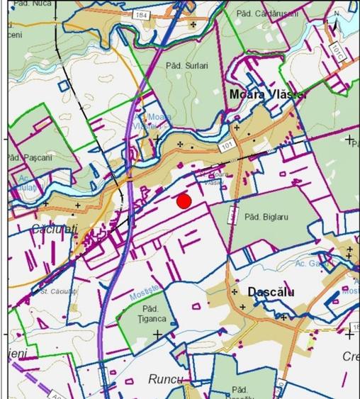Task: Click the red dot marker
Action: [x=184, y=201]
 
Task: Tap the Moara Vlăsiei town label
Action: [x=258, y=94]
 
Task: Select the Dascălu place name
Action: [x=271, y=292]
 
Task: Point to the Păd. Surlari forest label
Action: [x=187, y=65]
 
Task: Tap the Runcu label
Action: [x=165, y=379]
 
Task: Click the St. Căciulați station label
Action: [x=57, y=291]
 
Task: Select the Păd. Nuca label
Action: [x=27, y=4]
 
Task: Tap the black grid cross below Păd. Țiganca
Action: [x=157, y=334]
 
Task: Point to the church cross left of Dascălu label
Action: [x=234, y=292]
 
